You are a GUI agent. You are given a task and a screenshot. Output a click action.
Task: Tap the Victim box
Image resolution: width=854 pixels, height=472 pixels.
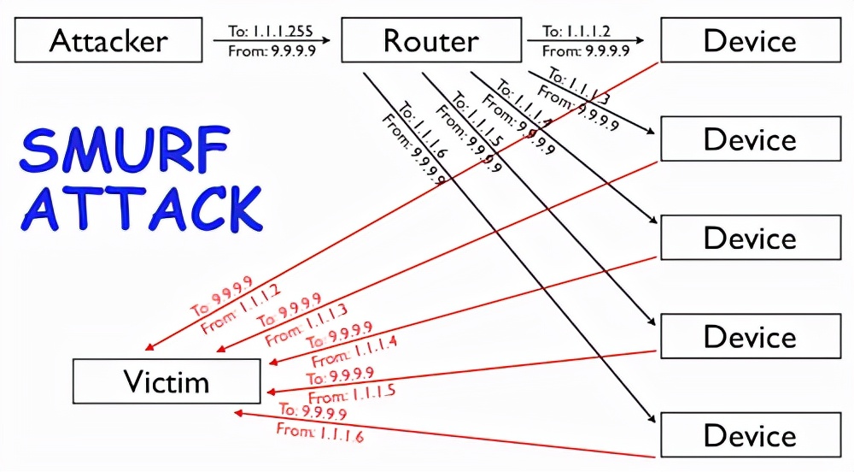(166, 381)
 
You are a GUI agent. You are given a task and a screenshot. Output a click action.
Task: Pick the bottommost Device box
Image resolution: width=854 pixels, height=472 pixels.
(750, 434)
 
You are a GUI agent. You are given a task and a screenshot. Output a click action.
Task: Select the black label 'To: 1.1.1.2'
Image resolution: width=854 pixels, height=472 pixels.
(577, 32)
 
